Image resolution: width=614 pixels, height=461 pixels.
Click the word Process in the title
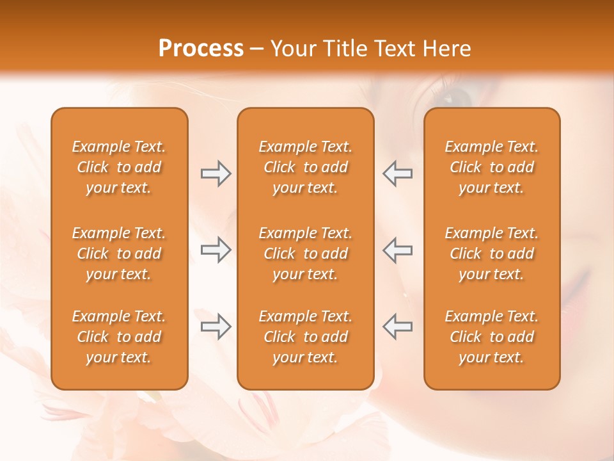click(x=201, y=49)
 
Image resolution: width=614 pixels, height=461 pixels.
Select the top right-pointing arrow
click(x=216, y=174)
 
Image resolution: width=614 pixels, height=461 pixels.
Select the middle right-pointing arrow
click(x=216, y=250)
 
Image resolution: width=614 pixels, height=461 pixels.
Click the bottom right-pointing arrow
click(x=216, y=326)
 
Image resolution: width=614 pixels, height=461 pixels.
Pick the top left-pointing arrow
click(x=397, y=174)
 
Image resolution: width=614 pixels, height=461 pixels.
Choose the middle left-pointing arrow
click(x=397, y=250)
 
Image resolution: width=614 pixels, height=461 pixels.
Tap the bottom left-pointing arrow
click(x=397, y=326)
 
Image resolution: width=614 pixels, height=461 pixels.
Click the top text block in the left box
click(x=119, y=167)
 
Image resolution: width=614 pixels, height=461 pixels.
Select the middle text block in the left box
click(x=119, y=254)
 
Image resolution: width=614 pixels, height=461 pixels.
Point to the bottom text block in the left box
click(x=119, y=337)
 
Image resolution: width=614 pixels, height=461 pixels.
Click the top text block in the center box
click(x=305, y=167)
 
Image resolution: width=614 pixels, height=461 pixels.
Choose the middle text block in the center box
click(x=305, y=254)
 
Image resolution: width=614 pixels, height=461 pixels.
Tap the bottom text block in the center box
click(x=305, y=337)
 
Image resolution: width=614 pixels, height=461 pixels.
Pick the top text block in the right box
click(x=491, y=167)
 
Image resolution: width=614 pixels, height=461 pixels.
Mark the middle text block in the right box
click(x=491, y=254)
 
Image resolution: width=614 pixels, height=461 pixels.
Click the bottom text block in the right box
click(x=491, y=337)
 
